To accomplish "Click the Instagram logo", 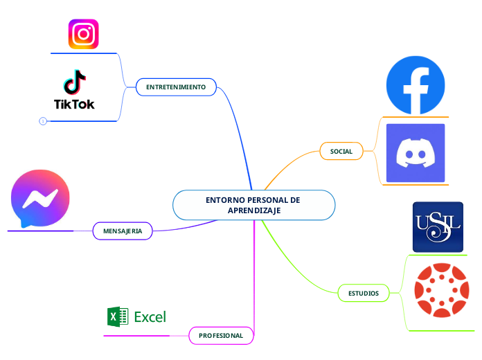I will point(83,34).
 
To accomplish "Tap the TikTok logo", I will point(74,90).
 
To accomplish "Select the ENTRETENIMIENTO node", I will point(176,87).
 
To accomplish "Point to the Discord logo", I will point(416,153).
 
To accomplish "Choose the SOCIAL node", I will point(341,151).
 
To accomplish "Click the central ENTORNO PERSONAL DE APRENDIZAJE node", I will point(253,205).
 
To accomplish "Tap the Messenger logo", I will point(40,199).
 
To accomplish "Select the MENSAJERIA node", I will point(123,231).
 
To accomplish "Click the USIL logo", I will point(437,227).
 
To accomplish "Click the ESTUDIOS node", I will point(364,293).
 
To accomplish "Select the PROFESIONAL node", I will point(221,335).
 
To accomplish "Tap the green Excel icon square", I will point(118,317).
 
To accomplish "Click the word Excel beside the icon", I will point(150,317).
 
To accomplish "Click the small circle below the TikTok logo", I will point(43,121).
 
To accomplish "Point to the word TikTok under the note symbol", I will point(74,105).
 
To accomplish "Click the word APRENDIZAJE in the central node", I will point(253,210).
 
